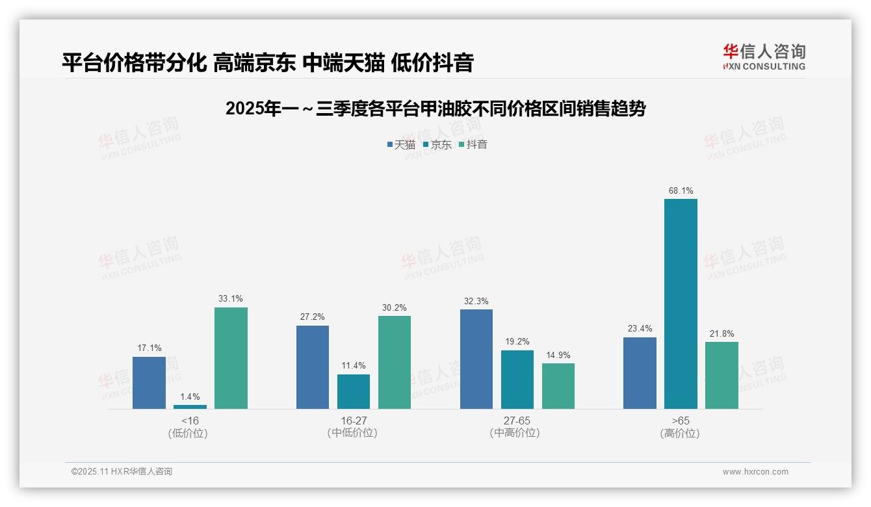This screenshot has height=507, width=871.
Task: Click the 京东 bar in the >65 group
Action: coord(681,304)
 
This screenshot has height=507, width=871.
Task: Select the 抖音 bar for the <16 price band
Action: coord(231,358)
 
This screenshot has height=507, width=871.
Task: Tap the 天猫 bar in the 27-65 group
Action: coord(476,359)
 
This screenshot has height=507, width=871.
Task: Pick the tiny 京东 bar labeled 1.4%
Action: coord(190,407)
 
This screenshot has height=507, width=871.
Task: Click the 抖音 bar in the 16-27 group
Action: coord(395,362)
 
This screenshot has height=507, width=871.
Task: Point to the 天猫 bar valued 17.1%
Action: coord(149,383)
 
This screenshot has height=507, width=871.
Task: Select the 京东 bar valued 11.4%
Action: coord(354,391)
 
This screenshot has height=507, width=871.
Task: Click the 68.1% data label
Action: coord(681,191)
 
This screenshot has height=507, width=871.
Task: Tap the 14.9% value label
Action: coord(558,355)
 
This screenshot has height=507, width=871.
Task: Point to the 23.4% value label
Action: coord(640,329)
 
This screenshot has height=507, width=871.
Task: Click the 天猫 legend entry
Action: coord(401,144)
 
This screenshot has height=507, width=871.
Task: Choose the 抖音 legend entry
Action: coord(473,144)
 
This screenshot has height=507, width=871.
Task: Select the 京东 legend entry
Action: coord(437,144)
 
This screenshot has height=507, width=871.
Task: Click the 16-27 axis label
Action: coord(353,421)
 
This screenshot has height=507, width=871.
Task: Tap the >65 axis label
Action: coord(680,421)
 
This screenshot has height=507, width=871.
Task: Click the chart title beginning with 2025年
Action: coord(435,109)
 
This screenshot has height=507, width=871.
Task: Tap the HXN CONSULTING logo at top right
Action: coord(764,57)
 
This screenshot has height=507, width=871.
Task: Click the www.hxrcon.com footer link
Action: coord(755,472)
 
